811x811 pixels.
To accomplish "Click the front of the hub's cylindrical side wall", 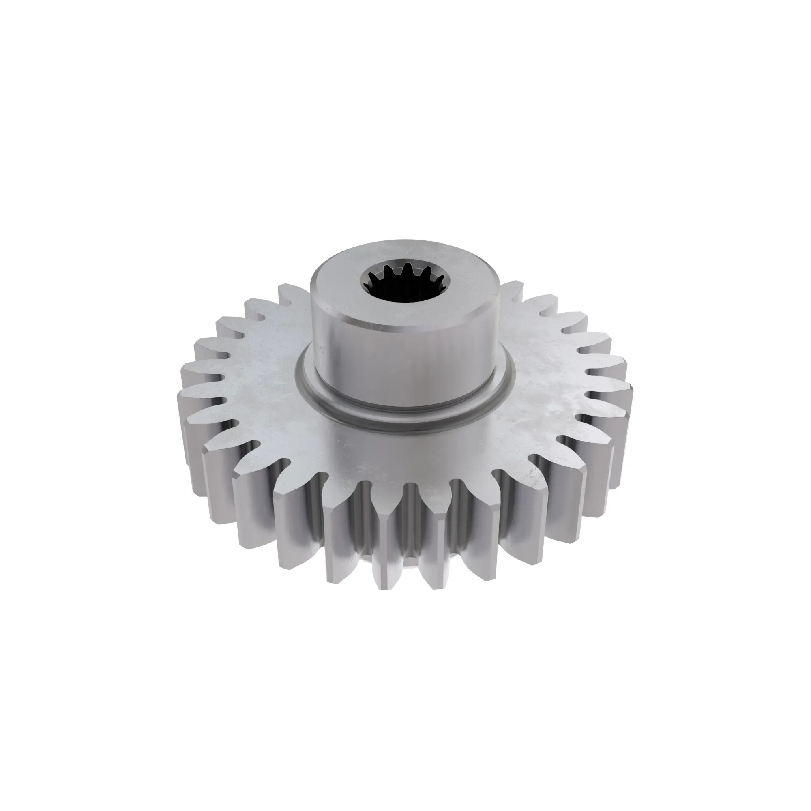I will tap(403, 365).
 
